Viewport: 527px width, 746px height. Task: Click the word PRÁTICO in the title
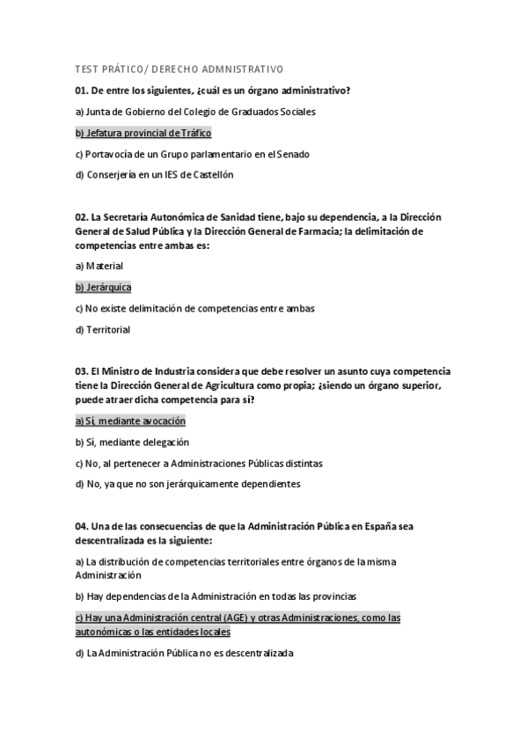coord(123,69)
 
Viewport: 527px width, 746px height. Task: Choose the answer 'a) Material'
coord(99,265)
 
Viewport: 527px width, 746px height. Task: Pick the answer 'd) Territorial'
coord(103,329)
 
